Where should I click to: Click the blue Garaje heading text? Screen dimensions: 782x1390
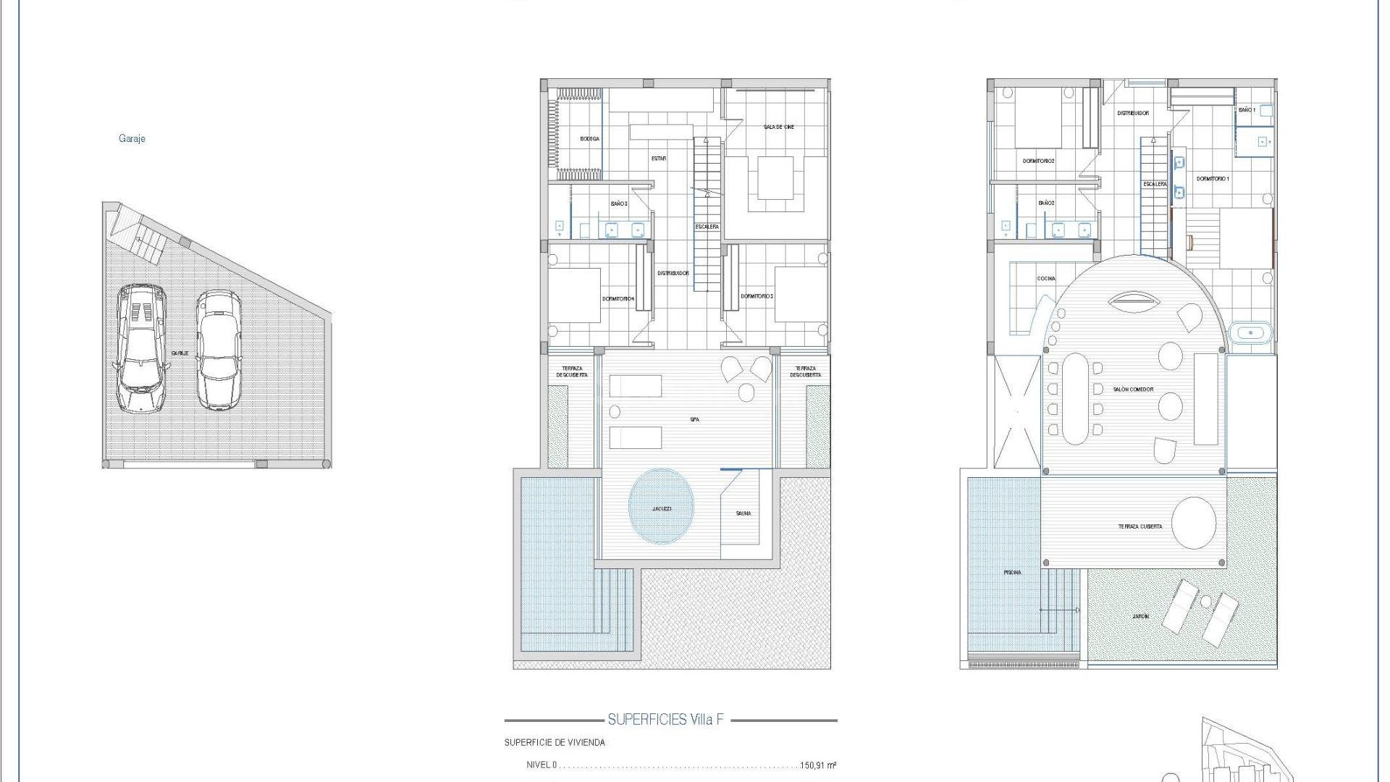coord(132,138)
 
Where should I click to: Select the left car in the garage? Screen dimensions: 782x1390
coord(141,348)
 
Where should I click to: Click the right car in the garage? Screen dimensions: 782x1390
coord(218,350)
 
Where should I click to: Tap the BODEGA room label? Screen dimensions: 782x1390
coord(589,139)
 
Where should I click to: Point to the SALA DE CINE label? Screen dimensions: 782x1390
coord(778,127)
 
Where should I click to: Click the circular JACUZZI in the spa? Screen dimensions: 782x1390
coord(661,507)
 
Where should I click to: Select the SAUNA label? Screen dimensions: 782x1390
coord(744,513)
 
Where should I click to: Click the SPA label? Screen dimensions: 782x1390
coord(694,419)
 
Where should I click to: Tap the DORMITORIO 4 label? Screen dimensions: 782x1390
coord(618,298)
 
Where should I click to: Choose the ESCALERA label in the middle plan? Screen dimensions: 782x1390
coord(707,227)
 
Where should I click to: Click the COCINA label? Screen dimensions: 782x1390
coord(1045,278)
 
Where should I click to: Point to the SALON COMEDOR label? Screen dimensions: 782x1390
coord(1133,390)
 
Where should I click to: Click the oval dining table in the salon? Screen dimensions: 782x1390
coord(1074,398)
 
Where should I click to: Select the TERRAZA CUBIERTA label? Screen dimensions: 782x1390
coord(1140,526)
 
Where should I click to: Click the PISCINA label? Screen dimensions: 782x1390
coord(1012,572)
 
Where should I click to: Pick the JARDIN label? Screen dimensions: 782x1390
coord(1140,616)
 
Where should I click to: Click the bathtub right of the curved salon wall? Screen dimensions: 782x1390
coord(1250,333)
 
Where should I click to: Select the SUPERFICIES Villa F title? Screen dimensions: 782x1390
coord(665,720)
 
